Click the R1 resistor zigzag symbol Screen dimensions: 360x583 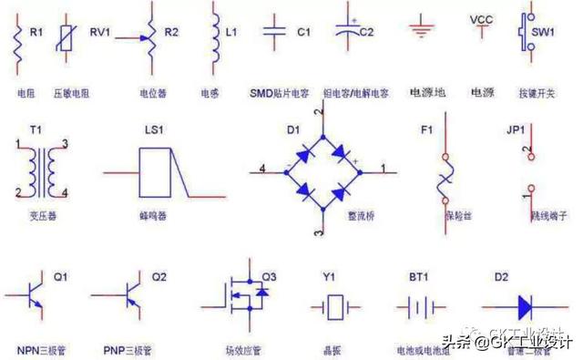[x=17, y=41]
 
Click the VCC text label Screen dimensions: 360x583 [x=480, y=18]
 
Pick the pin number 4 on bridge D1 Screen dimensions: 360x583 [x=261, y=168]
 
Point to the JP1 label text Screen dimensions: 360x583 [x=516, y=130]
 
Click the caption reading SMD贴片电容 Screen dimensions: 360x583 [x=279, y=93]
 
